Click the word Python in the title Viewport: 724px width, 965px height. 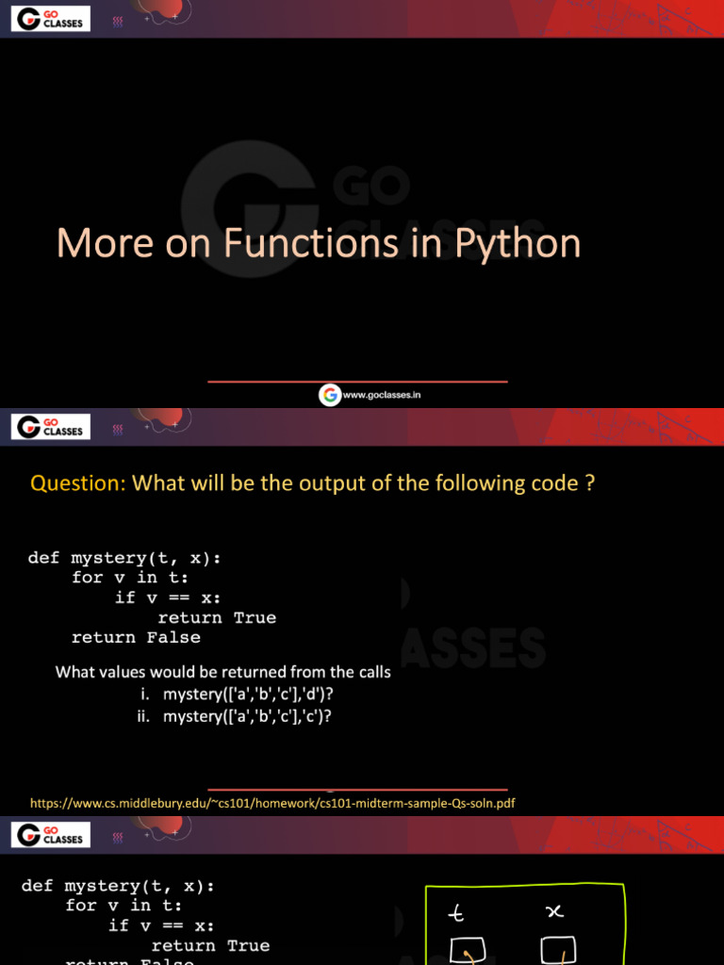518,244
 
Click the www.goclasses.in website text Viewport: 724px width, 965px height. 382,396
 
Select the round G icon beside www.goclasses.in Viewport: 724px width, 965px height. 329,396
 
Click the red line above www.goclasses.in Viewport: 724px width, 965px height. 357,382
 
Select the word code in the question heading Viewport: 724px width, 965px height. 557,483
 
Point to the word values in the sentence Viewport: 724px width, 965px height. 136,673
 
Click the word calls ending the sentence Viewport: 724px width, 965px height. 370,673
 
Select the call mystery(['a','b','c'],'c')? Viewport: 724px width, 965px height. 251,716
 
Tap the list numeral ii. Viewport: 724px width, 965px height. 145,716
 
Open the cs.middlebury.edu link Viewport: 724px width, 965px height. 272,803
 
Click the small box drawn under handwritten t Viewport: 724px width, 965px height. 468,951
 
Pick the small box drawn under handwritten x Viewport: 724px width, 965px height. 558,951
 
